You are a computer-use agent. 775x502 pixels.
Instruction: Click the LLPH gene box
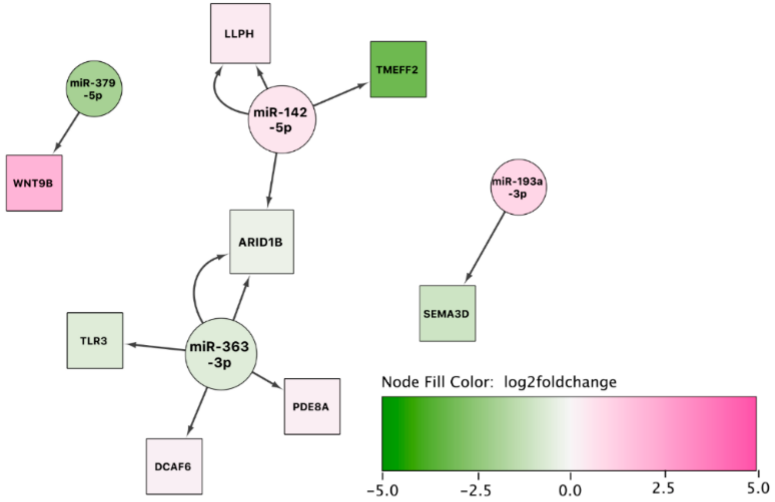[240, 33]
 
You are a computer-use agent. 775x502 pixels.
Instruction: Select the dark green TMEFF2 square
[398, 70]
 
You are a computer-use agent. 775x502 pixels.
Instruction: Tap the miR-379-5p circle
[94, 89]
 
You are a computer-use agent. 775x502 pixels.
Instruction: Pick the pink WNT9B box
[34, 183]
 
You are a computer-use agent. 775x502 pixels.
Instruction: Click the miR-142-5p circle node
[282, 119]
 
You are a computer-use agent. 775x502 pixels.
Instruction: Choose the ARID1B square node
[261, 242]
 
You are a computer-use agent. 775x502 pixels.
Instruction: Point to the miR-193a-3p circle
[518, 187]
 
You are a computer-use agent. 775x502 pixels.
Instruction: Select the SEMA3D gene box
[447, 313]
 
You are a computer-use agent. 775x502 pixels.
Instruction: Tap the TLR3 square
[95, 340]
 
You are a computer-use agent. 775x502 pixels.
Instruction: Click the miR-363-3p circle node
[221, 354]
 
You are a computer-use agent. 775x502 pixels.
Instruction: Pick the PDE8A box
[312, 406]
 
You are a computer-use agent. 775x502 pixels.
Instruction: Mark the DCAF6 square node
[174, 466]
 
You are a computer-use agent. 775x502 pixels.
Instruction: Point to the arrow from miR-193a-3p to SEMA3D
[485, 247]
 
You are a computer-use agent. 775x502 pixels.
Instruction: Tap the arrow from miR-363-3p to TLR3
[156, 347]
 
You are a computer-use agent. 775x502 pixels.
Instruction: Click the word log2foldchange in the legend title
[560, 382]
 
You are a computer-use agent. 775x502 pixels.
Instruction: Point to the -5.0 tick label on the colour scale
[383, 490]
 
